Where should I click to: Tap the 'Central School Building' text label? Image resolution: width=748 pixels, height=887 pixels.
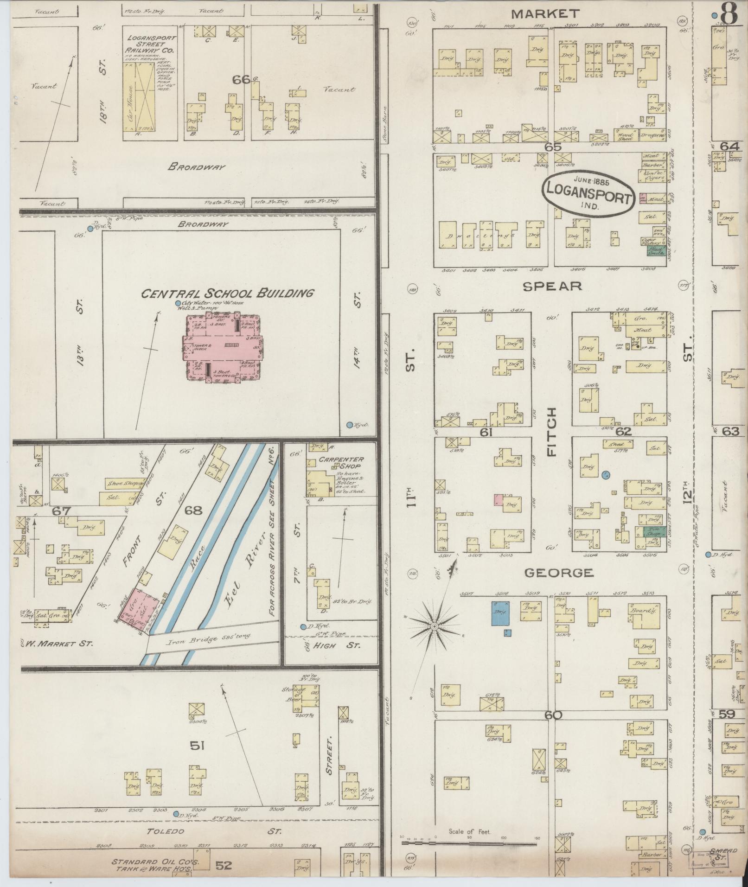tap(227, 293)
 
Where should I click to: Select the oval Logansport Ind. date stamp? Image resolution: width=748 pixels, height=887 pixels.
tap(588, 192)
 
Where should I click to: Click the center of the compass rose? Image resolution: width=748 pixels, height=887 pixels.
tap(435, 626)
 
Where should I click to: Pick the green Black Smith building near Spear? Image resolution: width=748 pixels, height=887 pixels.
tap(657, 251)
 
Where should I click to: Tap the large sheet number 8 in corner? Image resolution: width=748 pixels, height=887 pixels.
tap(729, 14)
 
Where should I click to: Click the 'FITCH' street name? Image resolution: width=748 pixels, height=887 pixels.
tap(552, 432)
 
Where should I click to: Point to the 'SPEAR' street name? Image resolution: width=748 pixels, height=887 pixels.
tap(552, 286)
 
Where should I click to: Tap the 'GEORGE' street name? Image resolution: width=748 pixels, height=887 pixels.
tap(558, 573)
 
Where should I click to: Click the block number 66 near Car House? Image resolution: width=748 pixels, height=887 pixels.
tap(241, 79)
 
